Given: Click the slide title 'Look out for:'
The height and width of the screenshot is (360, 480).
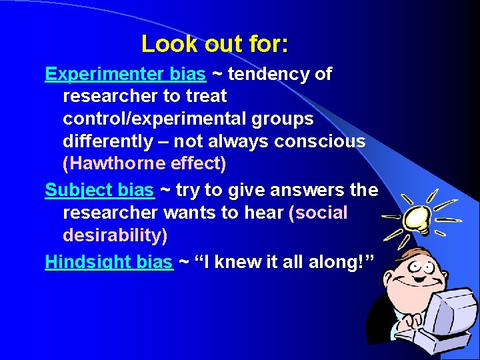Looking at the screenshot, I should (215, 44).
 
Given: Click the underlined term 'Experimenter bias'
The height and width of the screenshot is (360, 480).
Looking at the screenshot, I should (125, 74).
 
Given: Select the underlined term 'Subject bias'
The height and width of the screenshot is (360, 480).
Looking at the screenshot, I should (99, 191).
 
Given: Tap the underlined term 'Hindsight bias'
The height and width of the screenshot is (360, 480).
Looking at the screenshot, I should (109, 262).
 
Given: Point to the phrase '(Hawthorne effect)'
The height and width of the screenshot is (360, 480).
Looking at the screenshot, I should (145, 163).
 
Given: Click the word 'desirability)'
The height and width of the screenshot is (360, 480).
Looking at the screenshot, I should (115, 236).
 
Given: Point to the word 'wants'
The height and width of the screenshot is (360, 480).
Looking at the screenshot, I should (199, 213).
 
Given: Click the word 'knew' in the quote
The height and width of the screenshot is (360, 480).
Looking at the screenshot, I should (241, 262).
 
